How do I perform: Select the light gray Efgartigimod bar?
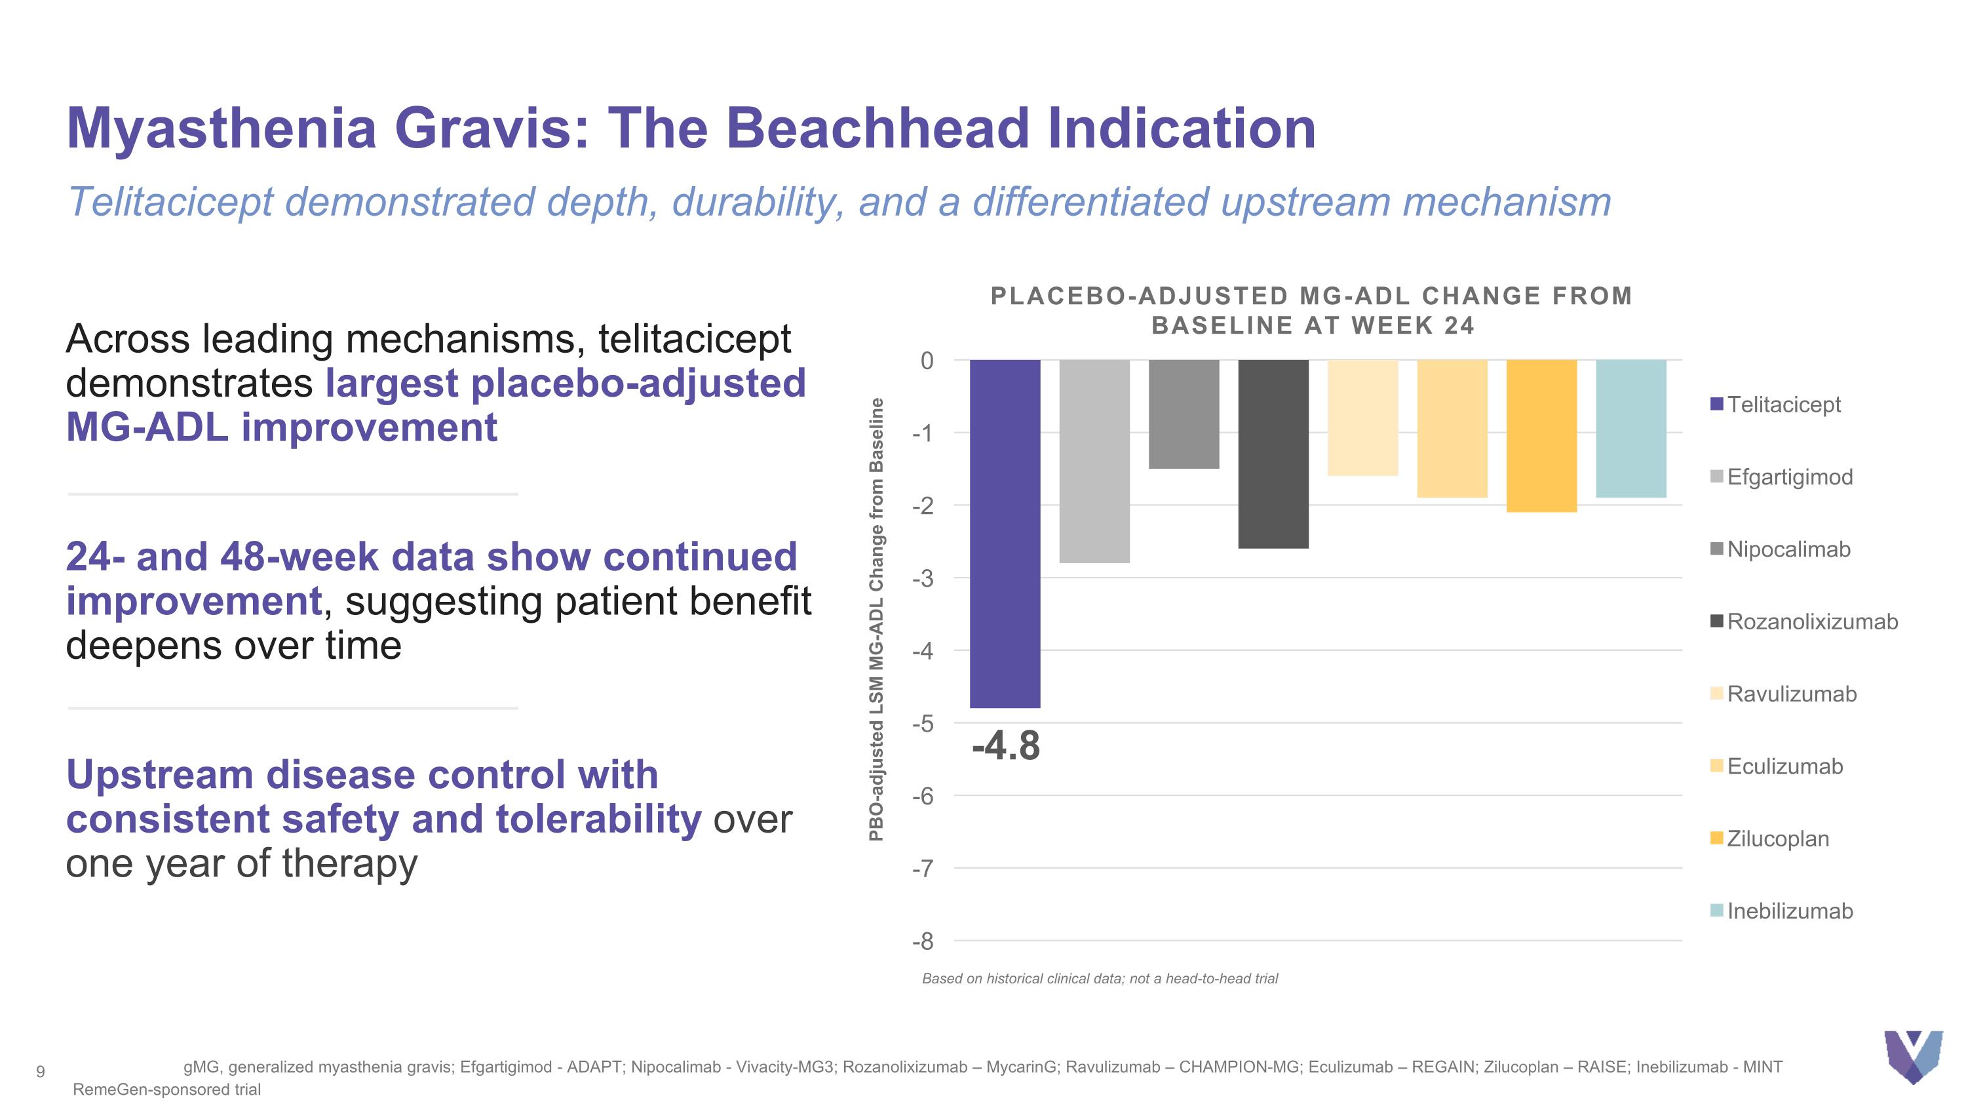coord(1094,461)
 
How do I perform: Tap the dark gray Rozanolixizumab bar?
coord(1273,454)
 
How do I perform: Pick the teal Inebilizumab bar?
coord(1631,428)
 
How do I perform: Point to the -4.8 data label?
coord(1005,745)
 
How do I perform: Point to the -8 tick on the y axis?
coord(923,942)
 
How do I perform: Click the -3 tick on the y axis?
coord(923,579)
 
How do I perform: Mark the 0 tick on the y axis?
coord(927,361)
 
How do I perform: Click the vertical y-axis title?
coord(876,619)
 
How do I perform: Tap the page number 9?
coord(41,1072)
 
